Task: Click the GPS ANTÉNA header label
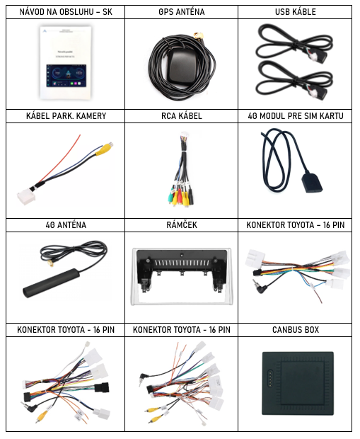click(182, 12)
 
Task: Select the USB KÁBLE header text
click(296, 12)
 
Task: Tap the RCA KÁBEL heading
click(182, 116)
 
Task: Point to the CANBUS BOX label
click(296, 329)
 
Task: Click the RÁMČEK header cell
click(182, 225)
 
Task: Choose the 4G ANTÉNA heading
click(66, 225)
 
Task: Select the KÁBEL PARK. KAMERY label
click(66, 116)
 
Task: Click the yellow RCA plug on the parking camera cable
click(104, 149)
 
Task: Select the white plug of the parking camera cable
click(27, 197)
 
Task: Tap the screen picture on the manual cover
click(66, 76)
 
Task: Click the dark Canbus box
click(298, 383)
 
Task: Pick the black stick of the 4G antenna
click(51, 283)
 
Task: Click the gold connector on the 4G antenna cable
click(51, 263)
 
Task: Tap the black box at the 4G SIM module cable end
click(312, 183)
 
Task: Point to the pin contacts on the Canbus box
click(270, 377)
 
